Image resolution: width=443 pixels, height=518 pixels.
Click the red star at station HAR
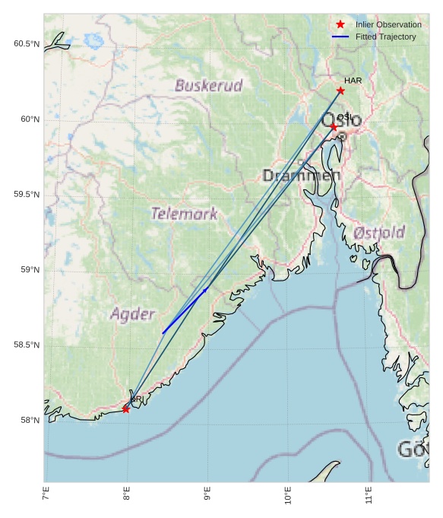click(340, 91)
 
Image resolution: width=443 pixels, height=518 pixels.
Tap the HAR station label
click(353, 81)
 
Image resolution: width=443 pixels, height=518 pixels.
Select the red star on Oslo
click(334, 127)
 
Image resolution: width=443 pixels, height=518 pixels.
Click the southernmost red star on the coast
click(125, 409)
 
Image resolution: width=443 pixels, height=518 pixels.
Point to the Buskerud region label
click(208, 85)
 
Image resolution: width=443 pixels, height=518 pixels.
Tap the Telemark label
click(184, 214)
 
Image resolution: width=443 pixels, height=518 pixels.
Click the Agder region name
click(132, 313)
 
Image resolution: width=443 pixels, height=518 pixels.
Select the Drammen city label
click(302, 176)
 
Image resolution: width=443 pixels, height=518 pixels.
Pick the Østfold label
click(379, 232)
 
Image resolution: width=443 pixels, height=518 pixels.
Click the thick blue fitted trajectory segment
click(185, 311)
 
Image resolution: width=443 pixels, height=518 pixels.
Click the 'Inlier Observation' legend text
click(388, 24)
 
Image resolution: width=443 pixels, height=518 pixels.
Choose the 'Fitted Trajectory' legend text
click(386, 37)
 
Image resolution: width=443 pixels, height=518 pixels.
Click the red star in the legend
click(340, 24)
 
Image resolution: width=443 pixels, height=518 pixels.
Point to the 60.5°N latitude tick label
click(26, 44)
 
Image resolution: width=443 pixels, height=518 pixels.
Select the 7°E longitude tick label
click(46, 496)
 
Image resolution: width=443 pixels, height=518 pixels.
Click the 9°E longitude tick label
click(207, 496)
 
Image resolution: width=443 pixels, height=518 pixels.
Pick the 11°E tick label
click(368, 496)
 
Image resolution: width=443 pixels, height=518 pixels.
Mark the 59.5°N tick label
click(26, 195)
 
